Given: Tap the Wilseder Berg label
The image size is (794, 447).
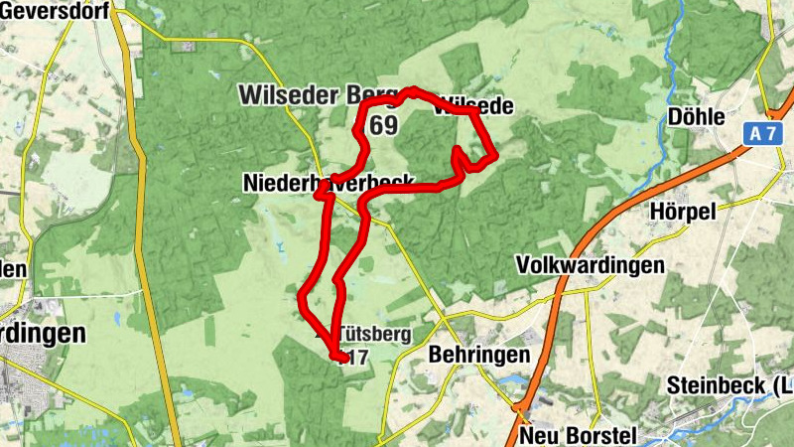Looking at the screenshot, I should coord(303,95).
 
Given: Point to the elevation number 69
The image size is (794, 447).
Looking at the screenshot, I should coord(384,125).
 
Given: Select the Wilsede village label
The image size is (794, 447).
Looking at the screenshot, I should coord(474,104).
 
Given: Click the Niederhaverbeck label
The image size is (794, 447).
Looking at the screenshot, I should coord(327,184).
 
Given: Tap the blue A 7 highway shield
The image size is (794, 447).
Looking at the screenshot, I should coord(762,131).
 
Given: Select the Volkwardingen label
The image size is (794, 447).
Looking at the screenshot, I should coord(590,265).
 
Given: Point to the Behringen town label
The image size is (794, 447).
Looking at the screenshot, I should coord(479,355).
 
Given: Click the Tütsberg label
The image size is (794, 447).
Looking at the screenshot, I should coord(373,334).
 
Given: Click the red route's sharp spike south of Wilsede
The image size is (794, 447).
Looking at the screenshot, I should coord(458,152).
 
